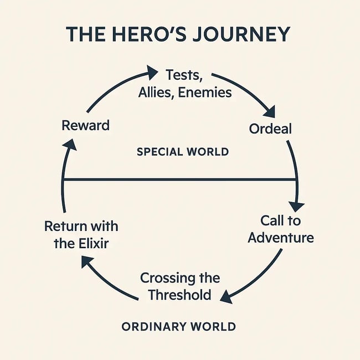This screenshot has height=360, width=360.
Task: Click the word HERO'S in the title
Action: coord(152,34)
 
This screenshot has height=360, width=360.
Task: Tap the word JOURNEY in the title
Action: coord(243,34)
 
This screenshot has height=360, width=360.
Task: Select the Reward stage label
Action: coord(85,125)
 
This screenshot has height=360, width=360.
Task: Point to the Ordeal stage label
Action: coord(271,128)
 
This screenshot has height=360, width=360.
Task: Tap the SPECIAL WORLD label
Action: coord(183,152)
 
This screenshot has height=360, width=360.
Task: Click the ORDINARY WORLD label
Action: coord(179,326)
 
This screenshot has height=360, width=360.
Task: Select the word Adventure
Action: coord(281,238)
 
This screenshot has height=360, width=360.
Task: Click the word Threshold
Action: coord(179,295)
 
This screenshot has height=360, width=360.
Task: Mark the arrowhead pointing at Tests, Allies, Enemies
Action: coord(152,71)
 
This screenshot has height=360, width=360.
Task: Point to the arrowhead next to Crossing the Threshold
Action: coord(225,297)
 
